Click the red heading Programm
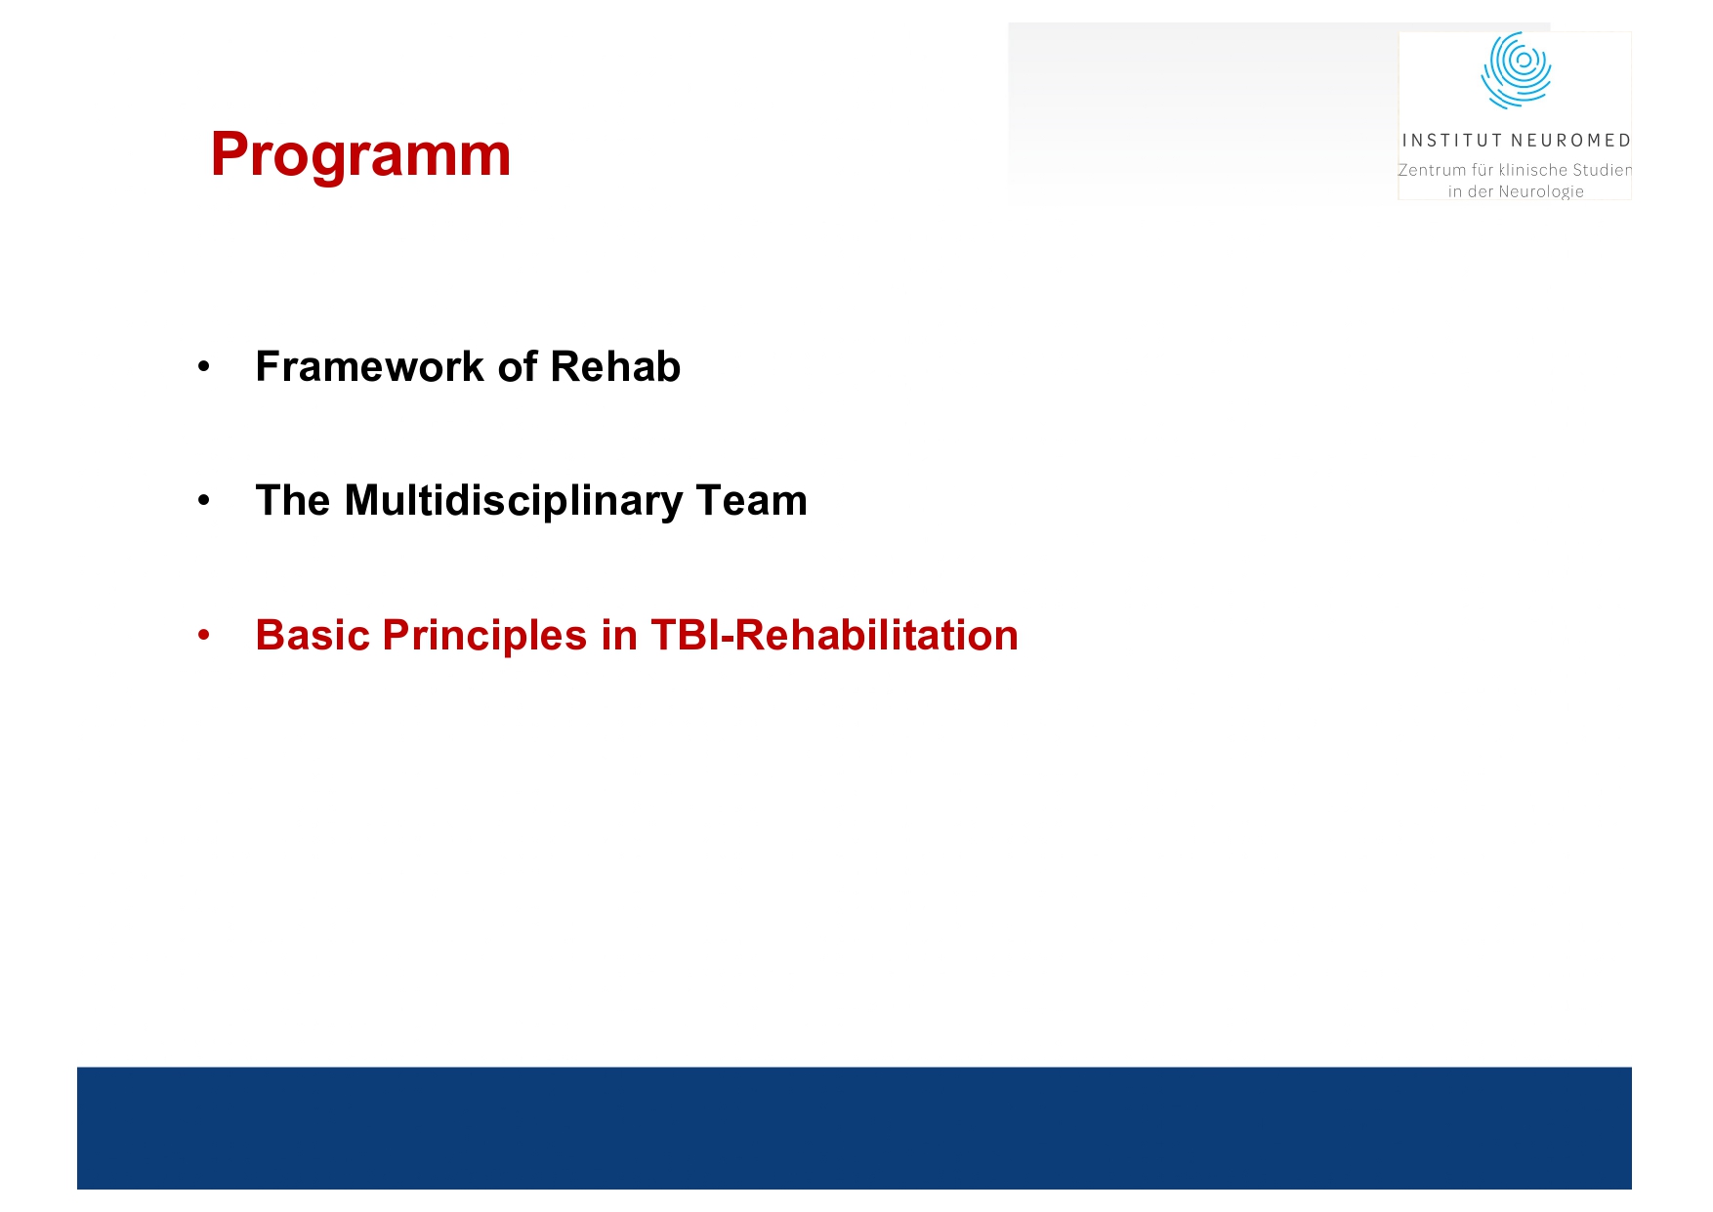point(360,155)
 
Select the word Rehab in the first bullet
point(614,367)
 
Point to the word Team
point(751,501)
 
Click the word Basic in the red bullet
point(313,636)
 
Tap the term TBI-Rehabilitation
point(834,636)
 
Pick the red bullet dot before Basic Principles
point(203,636)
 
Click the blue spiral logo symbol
point(1516,68)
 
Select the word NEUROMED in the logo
point(1570,141)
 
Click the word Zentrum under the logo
point(1432,170)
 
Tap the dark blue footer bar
point(854,1127)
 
